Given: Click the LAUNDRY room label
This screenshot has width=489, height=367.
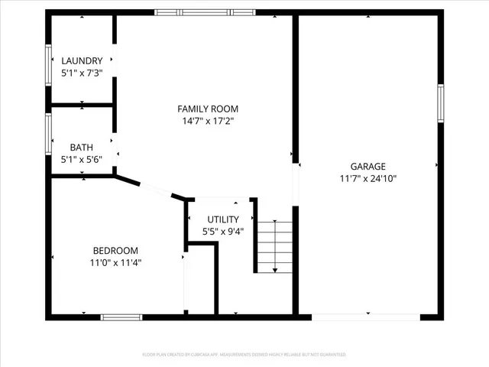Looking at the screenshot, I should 82,61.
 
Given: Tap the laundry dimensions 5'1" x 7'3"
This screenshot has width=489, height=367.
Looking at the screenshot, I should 82,73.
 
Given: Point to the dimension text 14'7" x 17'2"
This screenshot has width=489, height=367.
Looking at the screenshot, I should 208,121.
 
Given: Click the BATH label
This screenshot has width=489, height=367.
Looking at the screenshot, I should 82,148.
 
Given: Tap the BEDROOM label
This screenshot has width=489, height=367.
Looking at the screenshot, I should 115,251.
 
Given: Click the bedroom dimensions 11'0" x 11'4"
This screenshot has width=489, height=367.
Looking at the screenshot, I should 115,262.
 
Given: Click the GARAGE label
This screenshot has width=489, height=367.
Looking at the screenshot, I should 368,167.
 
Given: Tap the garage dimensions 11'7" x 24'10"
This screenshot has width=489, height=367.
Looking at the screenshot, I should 368,179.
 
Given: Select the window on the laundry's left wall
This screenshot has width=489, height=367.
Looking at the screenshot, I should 48,62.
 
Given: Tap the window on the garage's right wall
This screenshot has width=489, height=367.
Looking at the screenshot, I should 440,103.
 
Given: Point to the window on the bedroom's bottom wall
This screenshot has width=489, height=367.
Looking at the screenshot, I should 121,317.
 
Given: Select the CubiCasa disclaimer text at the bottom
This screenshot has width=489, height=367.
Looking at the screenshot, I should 244,355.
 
